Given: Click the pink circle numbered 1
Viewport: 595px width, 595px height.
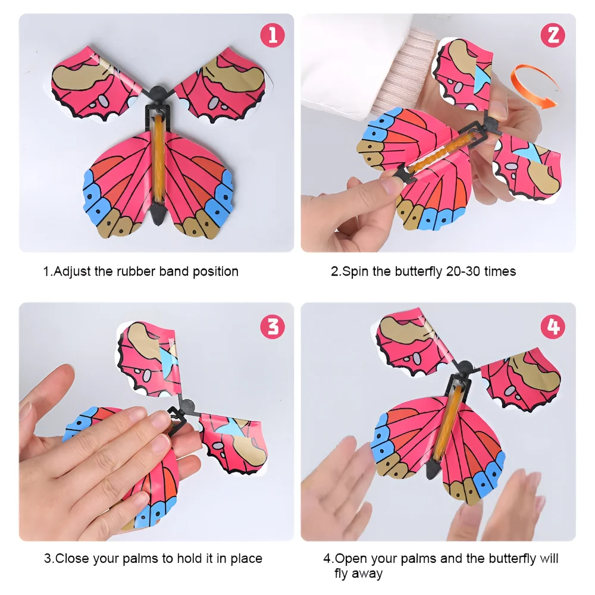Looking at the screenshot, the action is pos(272,35).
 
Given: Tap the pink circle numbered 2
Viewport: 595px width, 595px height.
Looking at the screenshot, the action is pos(553,35).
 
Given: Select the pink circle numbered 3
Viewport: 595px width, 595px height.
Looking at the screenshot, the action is pos(272,326).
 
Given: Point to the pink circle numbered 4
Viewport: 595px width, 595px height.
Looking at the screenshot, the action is pos(553,326).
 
